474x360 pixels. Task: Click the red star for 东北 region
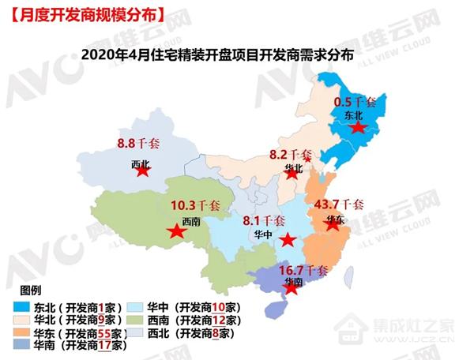[359, 128]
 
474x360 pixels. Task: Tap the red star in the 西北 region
[142, 171]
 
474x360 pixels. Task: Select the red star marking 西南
[175, 232]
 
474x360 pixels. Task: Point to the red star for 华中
[288, 240]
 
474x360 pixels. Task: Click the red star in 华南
[292, 288]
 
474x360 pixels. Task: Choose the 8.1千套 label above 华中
[264, 220]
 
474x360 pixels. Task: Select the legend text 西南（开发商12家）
[197, 320]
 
